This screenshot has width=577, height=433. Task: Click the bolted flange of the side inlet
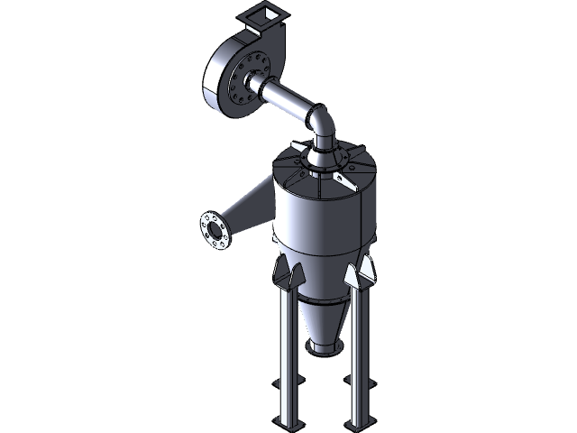[x=214, y=232]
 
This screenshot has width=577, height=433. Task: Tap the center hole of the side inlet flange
[x=214, y=232]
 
